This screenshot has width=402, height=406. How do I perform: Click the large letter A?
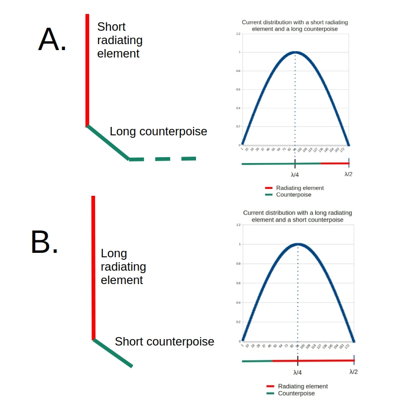pos(52,40)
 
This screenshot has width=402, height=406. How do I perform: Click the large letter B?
pos(45,242)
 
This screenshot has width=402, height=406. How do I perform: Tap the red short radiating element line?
pos(87,69)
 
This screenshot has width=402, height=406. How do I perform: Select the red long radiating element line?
pos(93,268)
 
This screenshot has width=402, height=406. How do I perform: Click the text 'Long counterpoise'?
pos(158,131)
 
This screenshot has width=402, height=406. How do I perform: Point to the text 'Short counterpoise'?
pos(164,342)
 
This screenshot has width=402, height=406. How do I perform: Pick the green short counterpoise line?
pos(113,353)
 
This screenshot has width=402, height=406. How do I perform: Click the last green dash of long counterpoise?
pos(188,159)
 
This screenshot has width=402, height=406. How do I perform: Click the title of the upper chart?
pos(295,26)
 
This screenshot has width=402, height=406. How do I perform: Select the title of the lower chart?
pos(298,216)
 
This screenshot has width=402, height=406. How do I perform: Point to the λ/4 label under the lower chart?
pos(298,372)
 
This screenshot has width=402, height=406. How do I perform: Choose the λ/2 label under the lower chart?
pos(353,372)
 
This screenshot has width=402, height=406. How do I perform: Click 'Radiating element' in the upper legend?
pos(300,188)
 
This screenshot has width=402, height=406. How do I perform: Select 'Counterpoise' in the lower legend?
pos(297,394)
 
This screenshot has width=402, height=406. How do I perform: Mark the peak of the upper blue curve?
pos(296,52)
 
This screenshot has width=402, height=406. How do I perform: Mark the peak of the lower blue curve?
pos(298,244)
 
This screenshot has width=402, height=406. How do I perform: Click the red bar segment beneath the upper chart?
pos(335,163)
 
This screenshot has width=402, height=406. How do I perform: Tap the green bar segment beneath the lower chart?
pos(257,361)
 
